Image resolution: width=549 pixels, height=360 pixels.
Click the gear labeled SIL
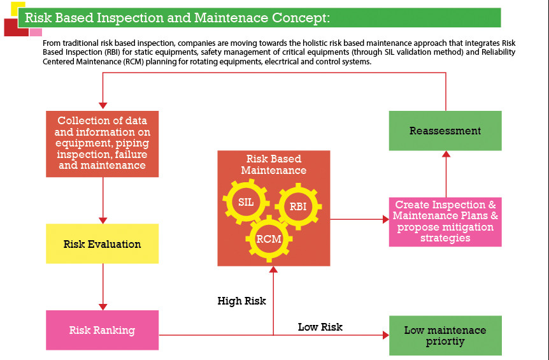coord(246,202)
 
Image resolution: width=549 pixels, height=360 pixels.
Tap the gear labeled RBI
coord(297,206)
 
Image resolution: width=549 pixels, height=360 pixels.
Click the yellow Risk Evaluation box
coord(102,244)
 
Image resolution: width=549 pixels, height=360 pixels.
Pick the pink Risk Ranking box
coord(102,330)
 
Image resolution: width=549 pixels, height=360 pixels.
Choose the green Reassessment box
coord(445,131)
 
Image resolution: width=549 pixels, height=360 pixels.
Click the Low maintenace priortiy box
coord(445,335)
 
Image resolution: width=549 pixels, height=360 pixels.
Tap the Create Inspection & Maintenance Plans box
coord(445,222)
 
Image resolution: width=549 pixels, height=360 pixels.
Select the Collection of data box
coord(102,143)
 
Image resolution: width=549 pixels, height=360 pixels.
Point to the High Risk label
coord(241,301)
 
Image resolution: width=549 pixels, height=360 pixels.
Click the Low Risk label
coord(320,327)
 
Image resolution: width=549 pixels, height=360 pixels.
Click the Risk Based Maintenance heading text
coord(273,164)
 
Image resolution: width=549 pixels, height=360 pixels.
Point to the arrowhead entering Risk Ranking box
coord(103,306)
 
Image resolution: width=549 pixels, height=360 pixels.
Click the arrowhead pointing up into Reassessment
coord(446,154)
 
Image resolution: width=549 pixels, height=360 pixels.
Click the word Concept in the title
coord(299,17)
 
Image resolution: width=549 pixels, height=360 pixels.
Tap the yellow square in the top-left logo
coord(17,8)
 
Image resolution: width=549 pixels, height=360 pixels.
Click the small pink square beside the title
coord(36,32)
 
